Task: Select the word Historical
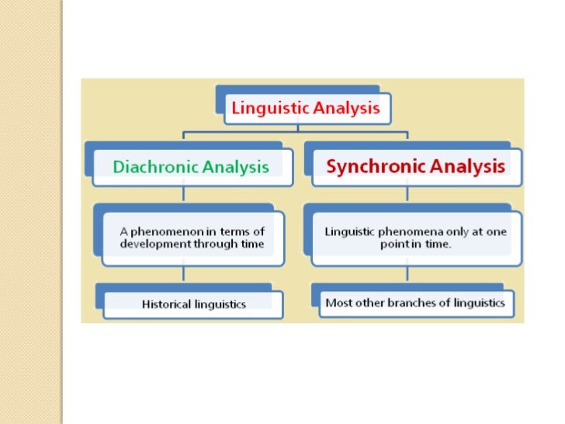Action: pos(166,304)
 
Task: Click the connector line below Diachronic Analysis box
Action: pos(183,194)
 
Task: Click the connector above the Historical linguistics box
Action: pos(183,274)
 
